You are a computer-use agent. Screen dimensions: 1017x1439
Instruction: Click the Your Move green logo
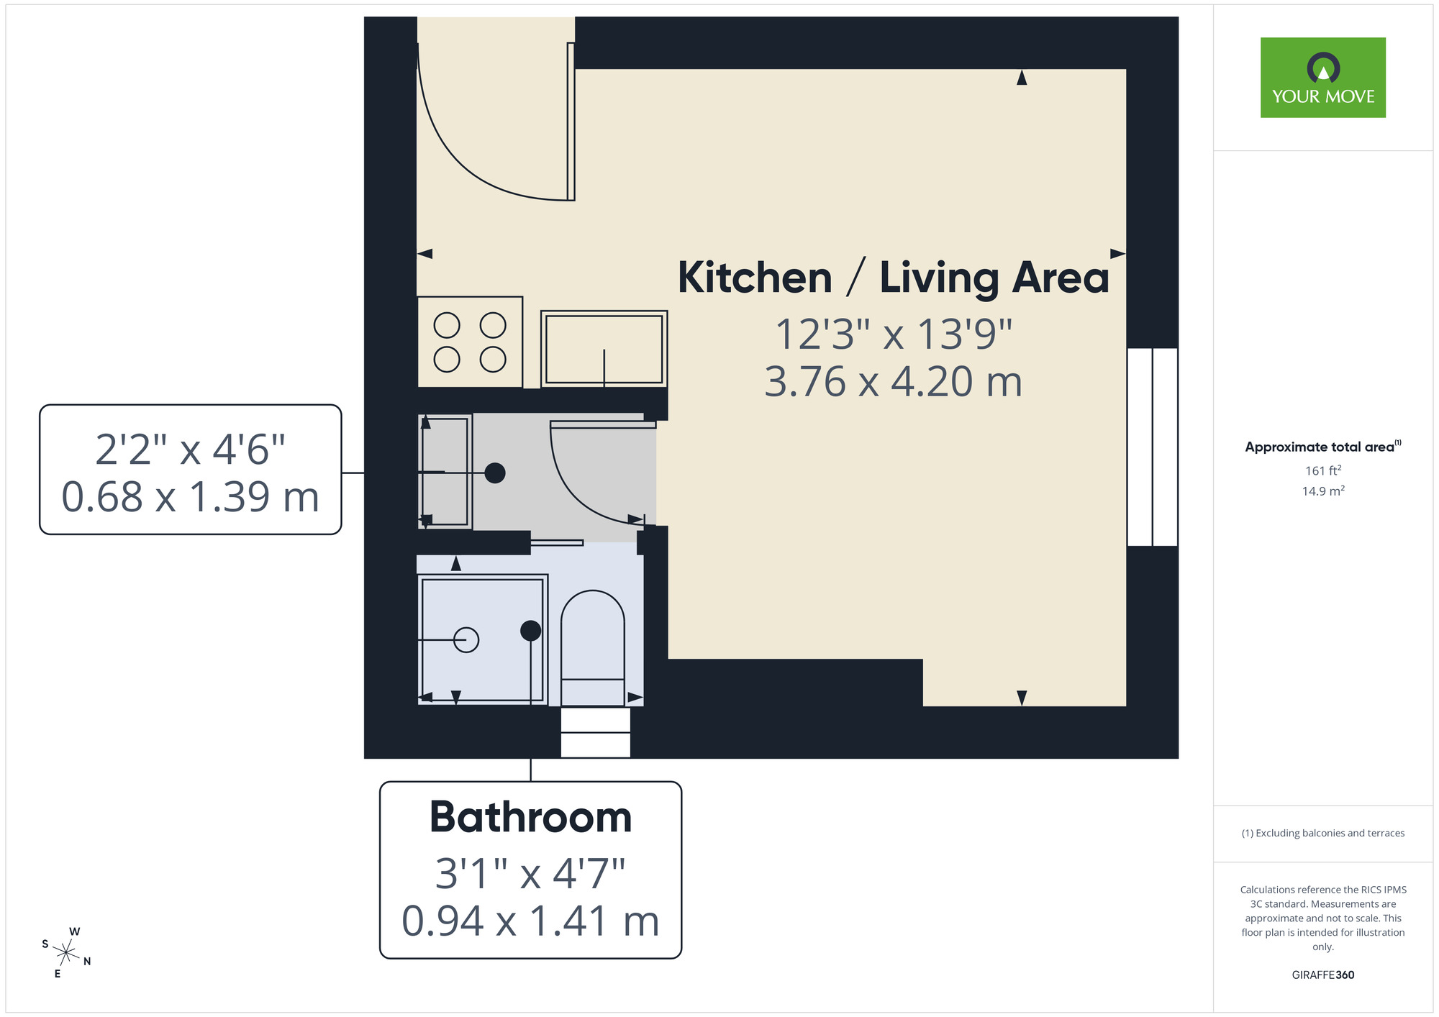tap(1322, 78)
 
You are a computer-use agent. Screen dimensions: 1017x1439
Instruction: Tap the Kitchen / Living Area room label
tap(893, 278)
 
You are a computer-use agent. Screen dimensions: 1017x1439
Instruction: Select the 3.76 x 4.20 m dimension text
tap(893, 382)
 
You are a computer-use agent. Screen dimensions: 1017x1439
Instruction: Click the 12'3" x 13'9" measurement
tap(893, 334)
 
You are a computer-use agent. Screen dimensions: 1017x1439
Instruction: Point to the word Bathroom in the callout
tap(530, 818)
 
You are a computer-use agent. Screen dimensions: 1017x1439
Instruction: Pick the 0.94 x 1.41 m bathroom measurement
tap(530, 921)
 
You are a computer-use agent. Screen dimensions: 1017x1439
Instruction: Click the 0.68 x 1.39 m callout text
tap(190, 497)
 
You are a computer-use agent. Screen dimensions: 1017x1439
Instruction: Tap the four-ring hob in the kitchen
tap(470, 342)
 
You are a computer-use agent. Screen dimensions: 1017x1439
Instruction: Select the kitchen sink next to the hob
tap(604, 349)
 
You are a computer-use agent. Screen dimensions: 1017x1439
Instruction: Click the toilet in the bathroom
tap(592, 647)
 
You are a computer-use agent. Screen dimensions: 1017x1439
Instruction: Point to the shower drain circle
tap(466, 639)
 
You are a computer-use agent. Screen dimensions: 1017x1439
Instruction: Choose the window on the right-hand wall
tap(1152, 447)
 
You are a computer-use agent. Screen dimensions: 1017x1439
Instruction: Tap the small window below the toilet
tap(595, 732)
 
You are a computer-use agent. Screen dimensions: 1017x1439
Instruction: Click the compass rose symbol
tap(66, 954)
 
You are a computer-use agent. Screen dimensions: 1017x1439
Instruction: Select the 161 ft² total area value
tap(1322, 471)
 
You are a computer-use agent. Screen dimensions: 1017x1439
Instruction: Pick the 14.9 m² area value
tap(1322, 491)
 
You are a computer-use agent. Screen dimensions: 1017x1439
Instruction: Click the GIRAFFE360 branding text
tap(1322, 975)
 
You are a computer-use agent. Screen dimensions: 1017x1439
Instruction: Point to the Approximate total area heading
tap(1322, 447)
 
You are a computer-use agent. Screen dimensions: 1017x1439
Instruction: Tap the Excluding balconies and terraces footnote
tap(1322, 833)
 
